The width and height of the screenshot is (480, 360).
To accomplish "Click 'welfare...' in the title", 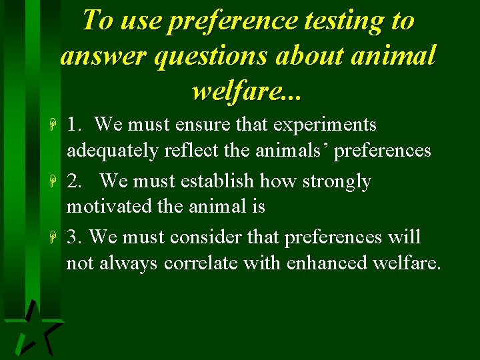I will coord(247,90).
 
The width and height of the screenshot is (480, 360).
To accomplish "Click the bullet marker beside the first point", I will coord(58,125).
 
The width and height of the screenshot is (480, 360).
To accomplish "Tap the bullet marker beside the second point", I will coord(58,182).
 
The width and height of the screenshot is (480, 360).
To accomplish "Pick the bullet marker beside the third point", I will coord(58,238).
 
